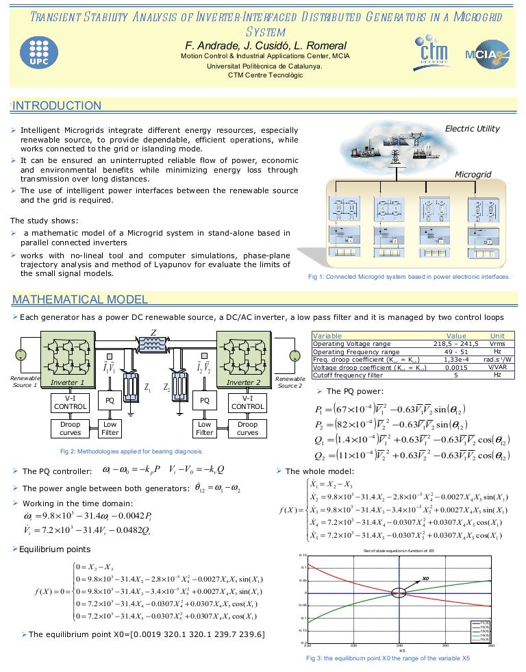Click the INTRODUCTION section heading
pyautogui.click(x=57, y=105)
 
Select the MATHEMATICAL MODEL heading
pyautogui.click(x=80, y=299)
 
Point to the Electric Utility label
pyautogui.click(x=472, y=128)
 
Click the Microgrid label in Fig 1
pyautogui.click(x=473, y=175)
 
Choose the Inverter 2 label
pyautogui.click(x=245, y=382)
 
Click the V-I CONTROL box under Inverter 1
pyautogui.click(x=70, y=402)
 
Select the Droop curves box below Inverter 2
pyautogui.click(x=247, y=428)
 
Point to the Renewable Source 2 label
pyautogui.click(x=290, y=382)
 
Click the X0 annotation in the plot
pyautogui.click(x=425, y=579)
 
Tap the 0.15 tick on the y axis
pyautogui.click(x=303, y=555)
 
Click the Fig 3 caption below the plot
pyautogui.click(x=387, y=658)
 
